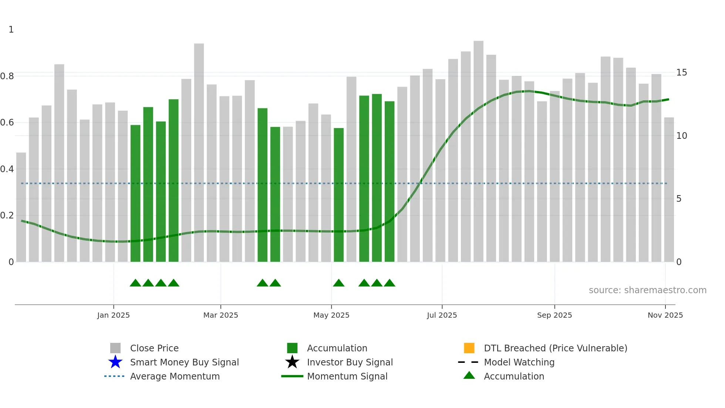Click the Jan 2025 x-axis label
113,315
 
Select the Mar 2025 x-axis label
220,315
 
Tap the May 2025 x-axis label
331,315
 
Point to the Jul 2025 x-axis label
442,315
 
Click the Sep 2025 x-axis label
554,315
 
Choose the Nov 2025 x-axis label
665,315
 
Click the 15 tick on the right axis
681,73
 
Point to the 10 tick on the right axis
681,136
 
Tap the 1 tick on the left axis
11,30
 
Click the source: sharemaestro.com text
647,290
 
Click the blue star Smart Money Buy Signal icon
115,362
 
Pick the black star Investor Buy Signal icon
292,362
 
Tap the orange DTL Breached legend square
469,348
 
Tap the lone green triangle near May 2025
338,283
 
